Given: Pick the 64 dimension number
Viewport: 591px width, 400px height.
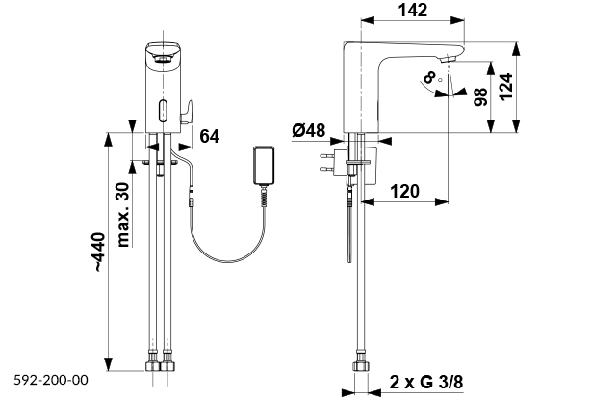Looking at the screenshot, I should [x=210, y=136].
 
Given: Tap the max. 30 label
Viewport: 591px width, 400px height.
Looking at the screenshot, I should [x=122, y=214].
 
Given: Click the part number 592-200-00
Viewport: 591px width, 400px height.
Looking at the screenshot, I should [x=50, y=381].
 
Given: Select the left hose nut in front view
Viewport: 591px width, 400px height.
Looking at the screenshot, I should [x=152, y=367].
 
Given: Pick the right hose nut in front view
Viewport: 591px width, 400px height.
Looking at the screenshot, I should [x=171, y=367].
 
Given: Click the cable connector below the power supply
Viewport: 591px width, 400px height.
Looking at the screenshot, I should [x=265, y=198].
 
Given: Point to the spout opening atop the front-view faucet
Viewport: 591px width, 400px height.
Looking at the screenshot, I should [x=163, y=59].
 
